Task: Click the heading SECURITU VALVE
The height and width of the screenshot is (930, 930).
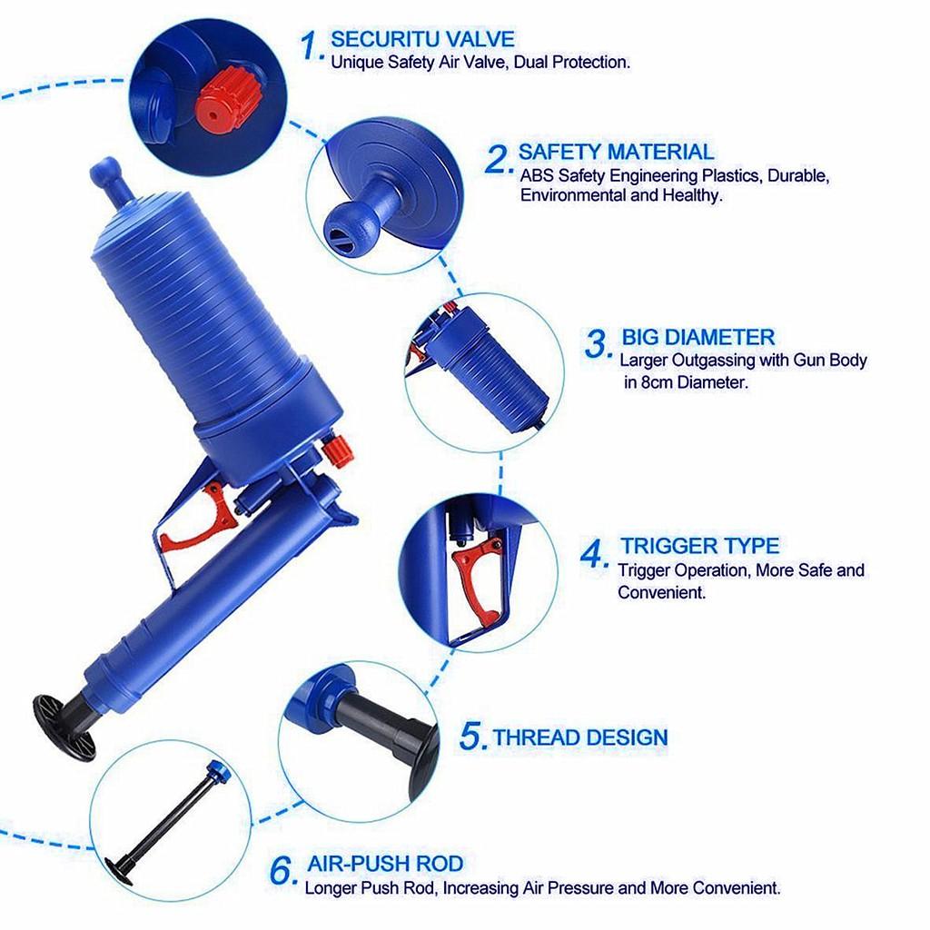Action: [x=422, y=39]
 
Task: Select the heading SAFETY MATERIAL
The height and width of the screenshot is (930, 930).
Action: [x=616, y=152]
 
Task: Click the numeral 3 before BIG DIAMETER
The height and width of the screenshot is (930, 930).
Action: [x=597, y=344]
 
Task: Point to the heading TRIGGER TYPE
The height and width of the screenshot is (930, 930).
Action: [x=699, y=546]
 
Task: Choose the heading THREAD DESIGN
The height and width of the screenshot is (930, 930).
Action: [x=580, y=737]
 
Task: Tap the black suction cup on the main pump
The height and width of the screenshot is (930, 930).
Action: [x=64, y=727]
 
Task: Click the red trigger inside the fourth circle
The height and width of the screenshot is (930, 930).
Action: [x=479, y=573]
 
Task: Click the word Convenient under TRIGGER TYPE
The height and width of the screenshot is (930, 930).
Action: [x=661, y=592]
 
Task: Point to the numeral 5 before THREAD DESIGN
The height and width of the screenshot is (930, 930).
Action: [x=473, y=737]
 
